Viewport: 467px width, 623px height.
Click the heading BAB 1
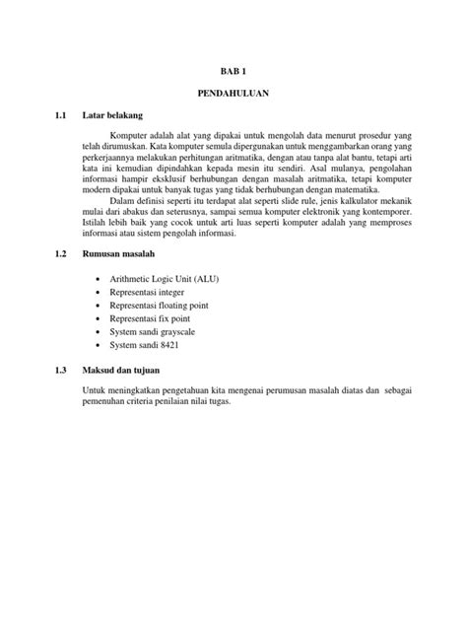click(233, 71)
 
